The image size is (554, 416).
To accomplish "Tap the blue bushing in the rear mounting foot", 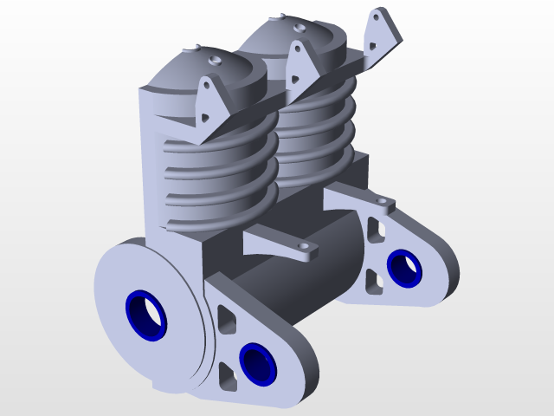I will pos(404,267).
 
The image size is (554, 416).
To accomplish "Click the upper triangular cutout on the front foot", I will pos(226,319).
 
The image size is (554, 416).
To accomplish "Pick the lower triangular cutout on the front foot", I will pos(227,374).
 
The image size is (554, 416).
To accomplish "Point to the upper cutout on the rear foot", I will pos(374,228).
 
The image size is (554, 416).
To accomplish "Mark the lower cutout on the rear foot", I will pos(373,281).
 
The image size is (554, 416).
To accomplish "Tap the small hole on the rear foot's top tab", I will pos(383,203).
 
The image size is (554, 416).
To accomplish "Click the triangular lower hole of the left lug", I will pos(206,115).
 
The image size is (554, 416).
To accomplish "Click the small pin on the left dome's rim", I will pos(197,47).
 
